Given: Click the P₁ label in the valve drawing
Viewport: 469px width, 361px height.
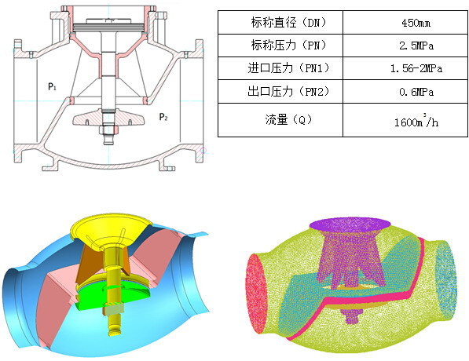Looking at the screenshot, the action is click(52, 86).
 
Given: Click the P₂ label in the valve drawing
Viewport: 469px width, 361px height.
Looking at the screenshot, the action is click(163, 117).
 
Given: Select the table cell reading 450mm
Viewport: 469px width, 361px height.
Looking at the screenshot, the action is click(416, 23).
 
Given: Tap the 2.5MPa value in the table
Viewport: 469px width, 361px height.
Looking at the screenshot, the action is click(416, 46).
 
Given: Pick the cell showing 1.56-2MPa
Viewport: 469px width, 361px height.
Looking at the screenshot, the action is click(416, 69).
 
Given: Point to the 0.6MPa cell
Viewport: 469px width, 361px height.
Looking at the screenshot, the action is click(416, 92).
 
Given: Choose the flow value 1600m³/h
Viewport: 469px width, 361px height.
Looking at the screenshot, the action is click(416, 121).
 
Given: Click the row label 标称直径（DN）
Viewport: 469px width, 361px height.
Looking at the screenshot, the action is click(288, 23).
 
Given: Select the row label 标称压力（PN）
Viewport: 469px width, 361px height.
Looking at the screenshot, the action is click(288, 46).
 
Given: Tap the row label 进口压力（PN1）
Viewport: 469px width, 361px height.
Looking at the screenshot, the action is click(288, 68).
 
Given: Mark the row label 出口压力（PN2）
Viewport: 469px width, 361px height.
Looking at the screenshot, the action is click(288, 91).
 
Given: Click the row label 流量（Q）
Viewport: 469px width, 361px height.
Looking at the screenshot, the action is click(288, 120).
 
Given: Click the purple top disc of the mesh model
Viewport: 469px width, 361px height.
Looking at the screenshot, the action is click(350, 225).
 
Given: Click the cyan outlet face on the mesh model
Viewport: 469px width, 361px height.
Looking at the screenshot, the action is click(445, 279).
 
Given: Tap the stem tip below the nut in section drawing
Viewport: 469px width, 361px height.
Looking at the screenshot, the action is click(109, 140).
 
